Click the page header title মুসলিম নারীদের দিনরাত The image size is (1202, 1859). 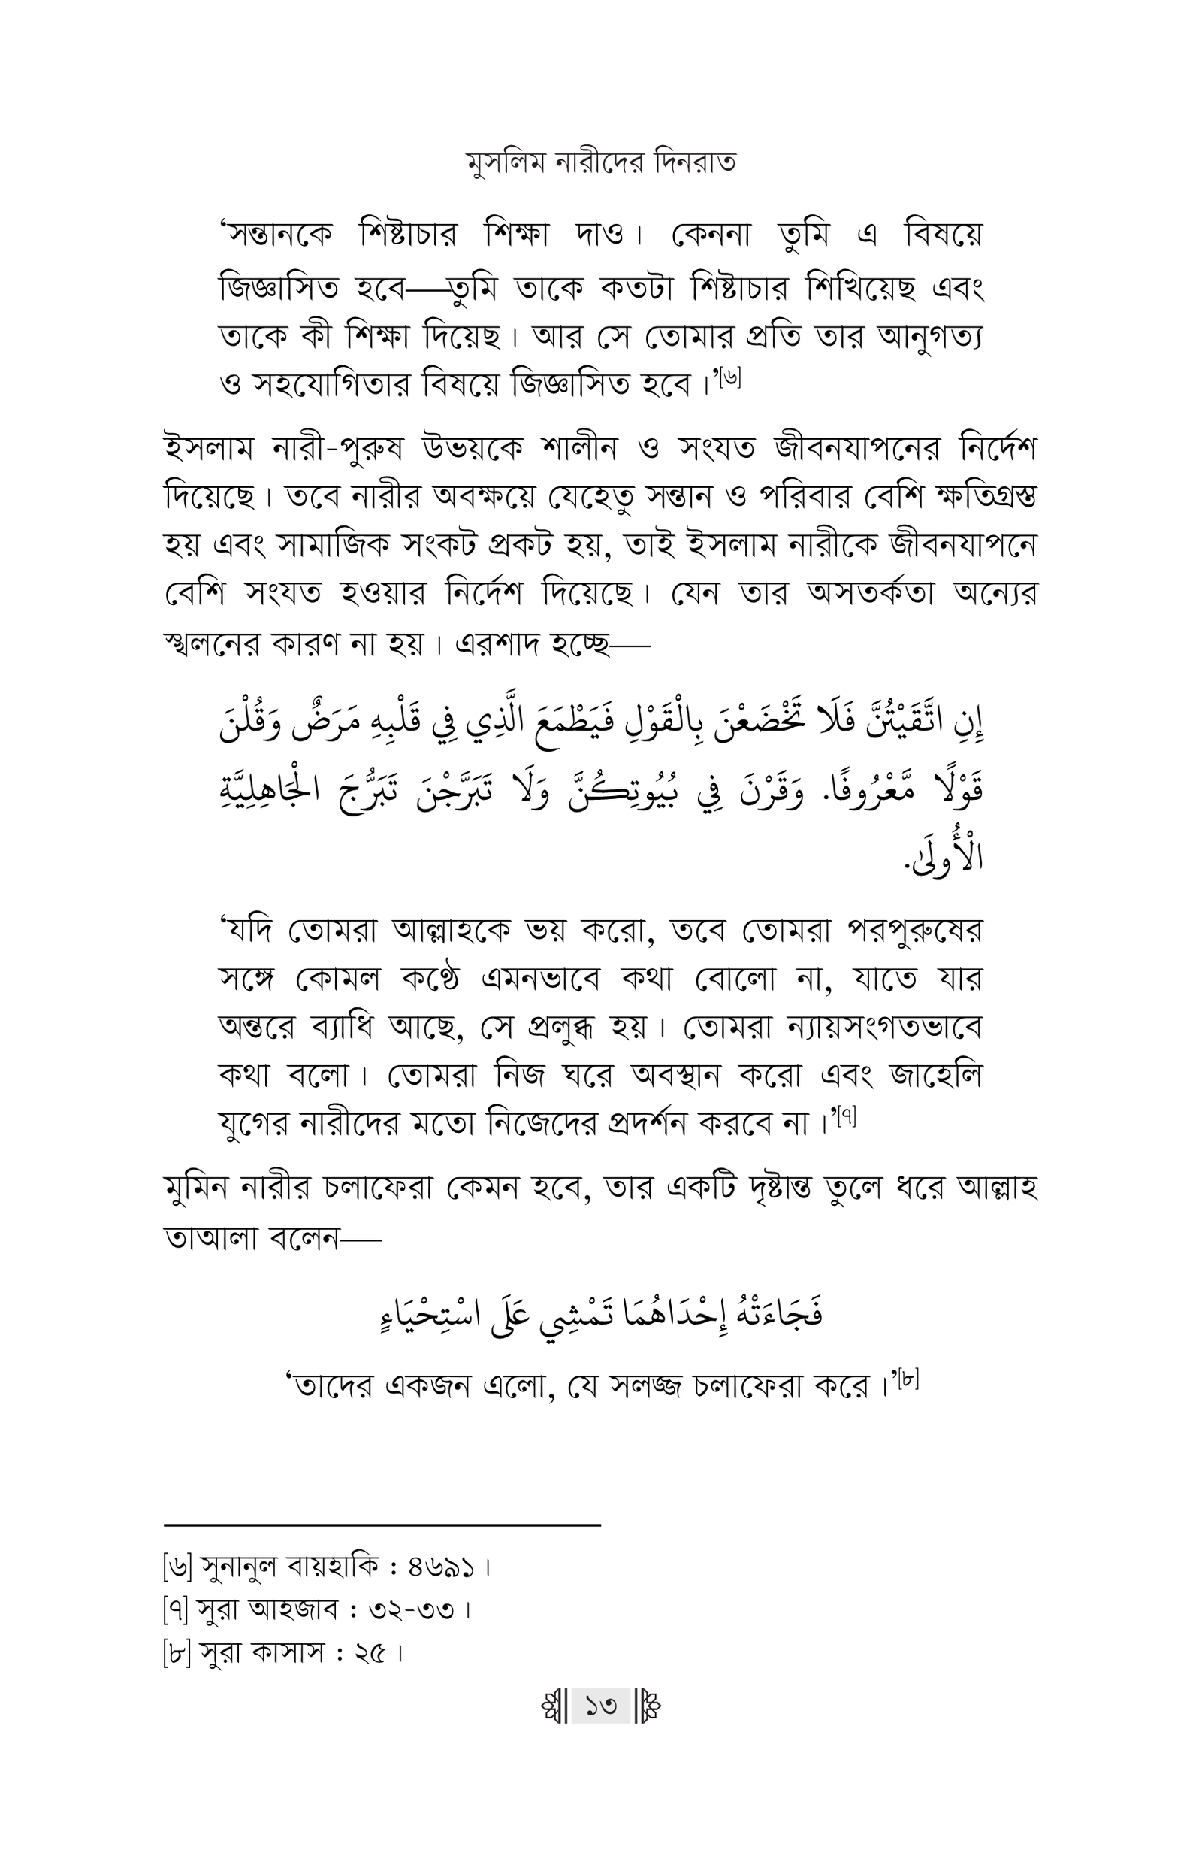tap(600, 163)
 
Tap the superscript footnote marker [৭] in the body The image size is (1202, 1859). tap(846, 1119)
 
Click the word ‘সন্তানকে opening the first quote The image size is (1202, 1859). tap(276, 235)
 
